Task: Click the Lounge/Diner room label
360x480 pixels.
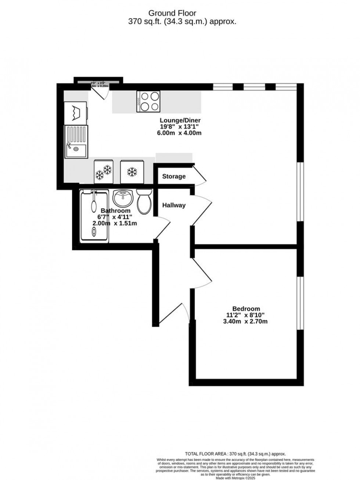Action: pyautogui.click(x=180, y=120)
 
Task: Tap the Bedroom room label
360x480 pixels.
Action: pyautogui.click(x=246, y=309)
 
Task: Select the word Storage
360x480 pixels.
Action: pyautogui.click(x=174, y=176)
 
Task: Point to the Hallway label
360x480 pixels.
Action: pyautogui.click(x=174, y=205)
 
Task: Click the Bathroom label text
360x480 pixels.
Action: pyautogui.click(x=116, y=211)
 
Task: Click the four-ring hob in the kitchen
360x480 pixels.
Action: pyautogui.click(x=149, y=101)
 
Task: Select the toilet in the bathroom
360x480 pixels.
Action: pyautogui.click(x=144, y=201)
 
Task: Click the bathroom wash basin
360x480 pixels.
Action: pyautogui.click(x=123, y=198)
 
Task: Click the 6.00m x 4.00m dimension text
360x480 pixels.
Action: pyautogui.click(x=179, y=133)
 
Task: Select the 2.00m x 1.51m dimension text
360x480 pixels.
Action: pyautogui.click(x=115, y=223)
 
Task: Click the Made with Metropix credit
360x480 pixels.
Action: pyautogui.click(x=235, y=477)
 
